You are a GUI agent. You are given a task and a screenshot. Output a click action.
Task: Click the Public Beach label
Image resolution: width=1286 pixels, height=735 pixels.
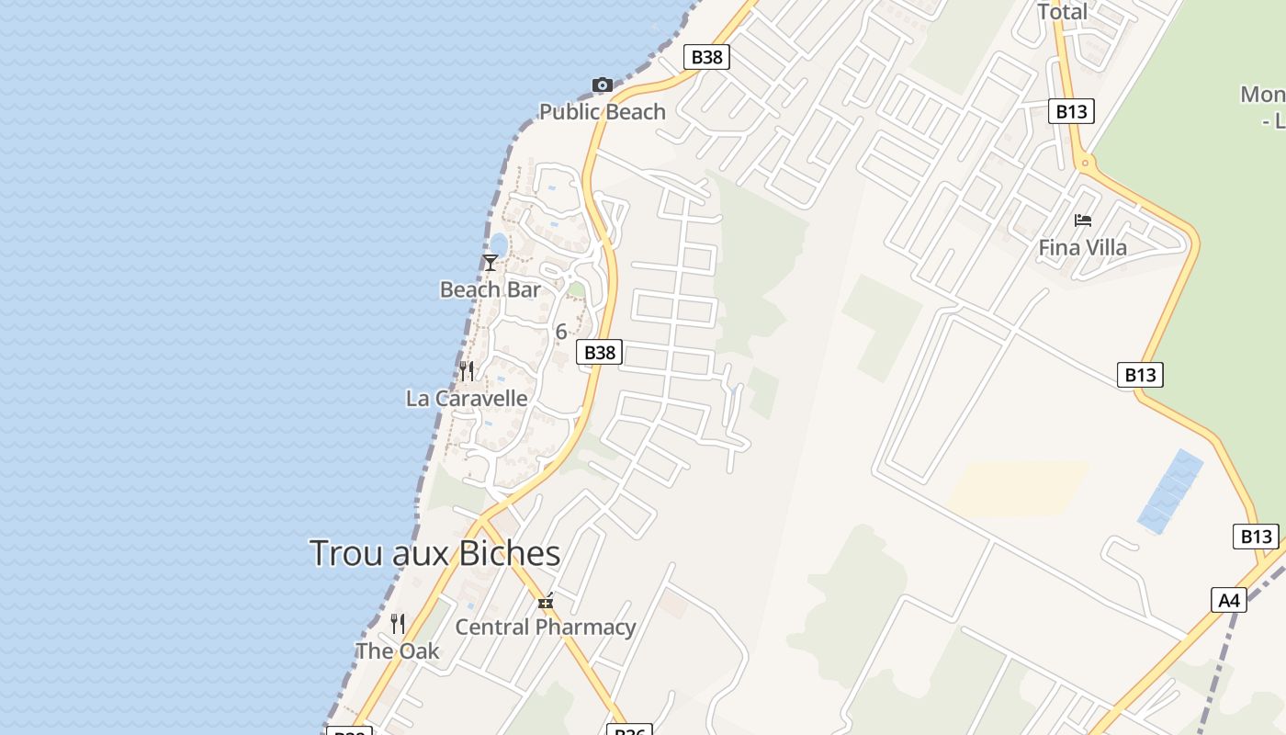click(x=602, y=112)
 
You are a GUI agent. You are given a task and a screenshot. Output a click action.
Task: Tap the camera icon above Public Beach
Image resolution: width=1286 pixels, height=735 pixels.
click(x=602, y=85)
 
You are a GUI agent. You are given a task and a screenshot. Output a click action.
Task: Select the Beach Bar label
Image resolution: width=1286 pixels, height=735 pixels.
click(x=490, y=290)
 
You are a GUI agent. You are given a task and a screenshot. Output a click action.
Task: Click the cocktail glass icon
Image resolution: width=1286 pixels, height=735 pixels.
click(x=491, y=263)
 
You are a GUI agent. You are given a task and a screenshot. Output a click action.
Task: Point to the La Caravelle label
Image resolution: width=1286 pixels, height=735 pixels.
click(x=467, y=399)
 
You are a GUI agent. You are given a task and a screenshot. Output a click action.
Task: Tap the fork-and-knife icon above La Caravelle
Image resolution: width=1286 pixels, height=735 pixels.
click(x=467, y=371)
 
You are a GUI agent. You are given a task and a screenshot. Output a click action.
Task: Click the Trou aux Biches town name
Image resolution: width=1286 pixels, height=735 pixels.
click(x=434, y=554)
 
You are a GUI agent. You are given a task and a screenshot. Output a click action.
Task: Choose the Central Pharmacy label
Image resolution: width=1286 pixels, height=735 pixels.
click(x=546, y=628)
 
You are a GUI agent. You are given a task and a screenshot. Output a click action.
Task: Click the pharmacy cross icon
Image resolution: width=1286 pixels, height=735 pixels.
click(x=546, y=603)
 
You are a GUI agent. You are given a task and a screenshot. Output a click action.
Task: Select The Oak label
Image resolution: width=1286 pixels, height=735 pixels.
click(x=398, y=651)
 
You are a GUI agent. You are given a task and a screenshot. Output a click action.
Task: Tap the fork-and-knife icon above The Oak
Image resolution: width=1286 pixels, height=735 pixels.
click(x=398, y=624)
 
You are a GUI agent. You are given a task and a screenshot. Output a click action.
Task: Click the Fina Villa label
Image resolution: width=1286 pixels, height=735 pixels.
click(x=1082, y=248)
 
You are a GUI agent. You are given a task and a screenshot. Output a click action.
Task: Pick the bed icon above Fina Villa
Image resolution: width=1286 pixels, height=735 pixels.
click(x=1083, y=220)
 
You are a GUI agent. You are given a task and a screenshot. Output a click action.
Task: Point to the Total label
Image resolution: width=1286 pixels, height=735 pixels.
click(x=1062, y=12)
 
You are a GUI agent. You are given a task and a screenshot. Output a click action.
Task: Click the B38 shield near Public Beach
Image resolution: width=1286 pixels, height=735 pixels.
click(x=706, y=57)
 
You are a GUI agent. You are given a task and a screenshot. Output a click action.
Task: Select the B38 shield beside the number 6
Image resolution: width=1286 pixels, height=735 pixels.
click(x=599, y=352)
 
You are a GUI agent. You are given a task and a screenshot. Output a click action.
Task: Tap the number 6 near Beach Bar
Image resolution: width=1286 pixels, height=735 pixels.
click(x=561, y=332)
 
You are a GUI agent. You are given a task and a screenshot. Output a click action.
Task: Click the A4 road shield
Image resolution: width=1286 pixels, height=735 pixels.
click(x=1229, y=601)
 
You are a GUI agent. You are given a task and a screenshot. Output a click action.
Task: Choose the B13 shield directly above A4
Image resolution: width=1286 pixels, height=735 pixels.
click(x=1255, y=537)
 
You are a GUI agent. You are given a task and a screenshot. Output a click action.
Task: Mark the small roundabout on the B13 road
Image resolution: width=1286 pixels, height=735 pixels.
click(x=1086, y=164)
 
